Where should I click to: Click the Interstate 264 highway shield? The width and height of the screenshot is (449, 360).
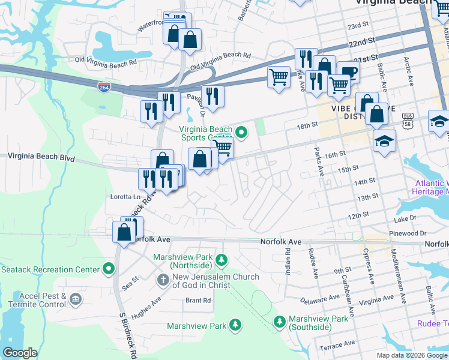click(x=104, y=87)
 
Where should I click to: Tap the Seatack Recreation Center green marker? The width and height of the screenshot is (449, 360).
click(x=109, y=268)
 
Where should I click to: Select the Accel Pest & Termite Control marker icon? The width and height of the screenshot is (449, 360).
click(x=75, y=298)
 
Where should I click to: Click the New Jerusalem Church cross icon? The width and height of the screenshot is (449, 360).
click(x=163, y=280)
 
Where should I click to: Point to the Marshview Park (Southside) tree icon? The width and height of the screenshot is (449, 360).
click(x=279, y=322)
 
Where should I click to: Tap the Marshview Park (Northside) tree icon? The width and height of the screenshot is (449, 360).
click(x=222, y=260)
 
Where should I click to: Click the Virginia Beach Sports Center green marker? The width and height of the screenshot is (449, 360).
click(x=241, y=133)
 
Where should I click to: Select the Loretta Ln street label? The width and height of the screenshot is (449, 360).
click(x=125, y=196)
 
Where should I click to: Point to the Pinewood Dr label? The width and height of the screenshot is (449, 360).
click(x=407, y=232)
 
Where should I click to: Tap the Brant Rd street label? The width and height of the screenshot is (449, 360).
click(x=198, y=300)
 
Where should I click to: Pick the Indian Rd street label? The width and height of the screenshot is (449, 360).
click(x=288, y=263)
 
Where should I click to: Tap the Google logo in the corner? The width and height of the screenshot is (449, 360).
click(x=20, y=353)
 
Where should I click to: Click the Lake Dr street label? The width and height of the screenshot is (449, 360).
click(x=406, y=219)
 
